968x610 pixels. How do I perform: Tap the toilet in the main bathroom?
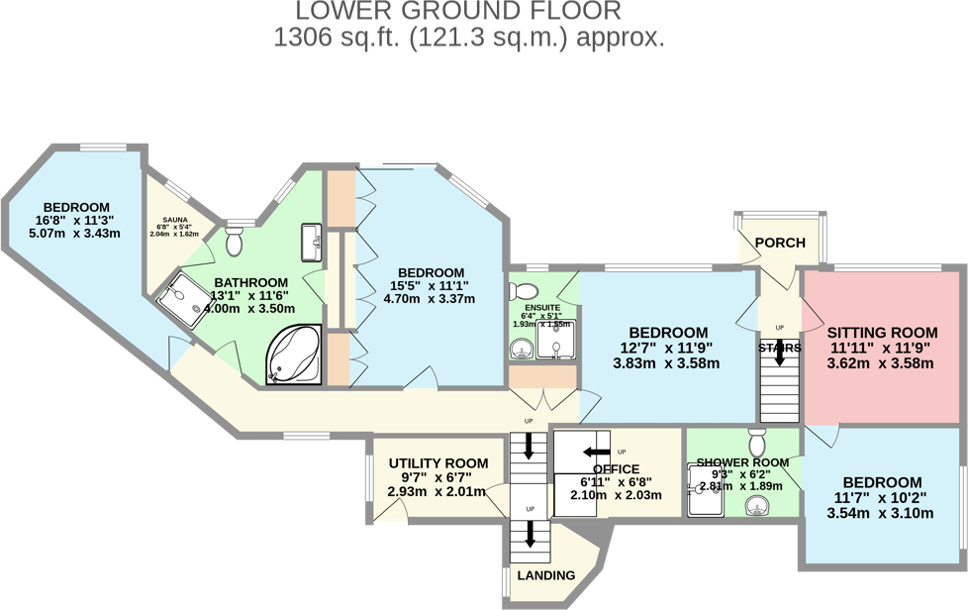click(x=236, y=241)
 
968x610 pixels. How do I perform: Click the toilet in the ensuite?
click(x=524, y=291)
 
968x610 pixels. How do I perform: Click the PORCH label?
click(x=780, y=243)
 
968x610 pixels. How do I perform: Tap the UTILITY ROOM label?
click(x=437, y=463)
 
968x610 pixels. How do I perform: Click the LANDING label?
click(x=546, y=575)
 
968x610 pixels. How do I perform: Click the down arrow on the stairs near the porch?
click(x=779, y=353)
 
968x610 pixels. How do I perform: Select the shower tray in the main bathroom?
click(x=183, y=297)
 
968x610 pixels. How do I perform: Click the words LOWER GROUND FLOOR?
click(x=458, y=12)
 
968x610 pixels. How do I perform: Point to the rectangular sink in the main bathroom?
click(x=313, y=239)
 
